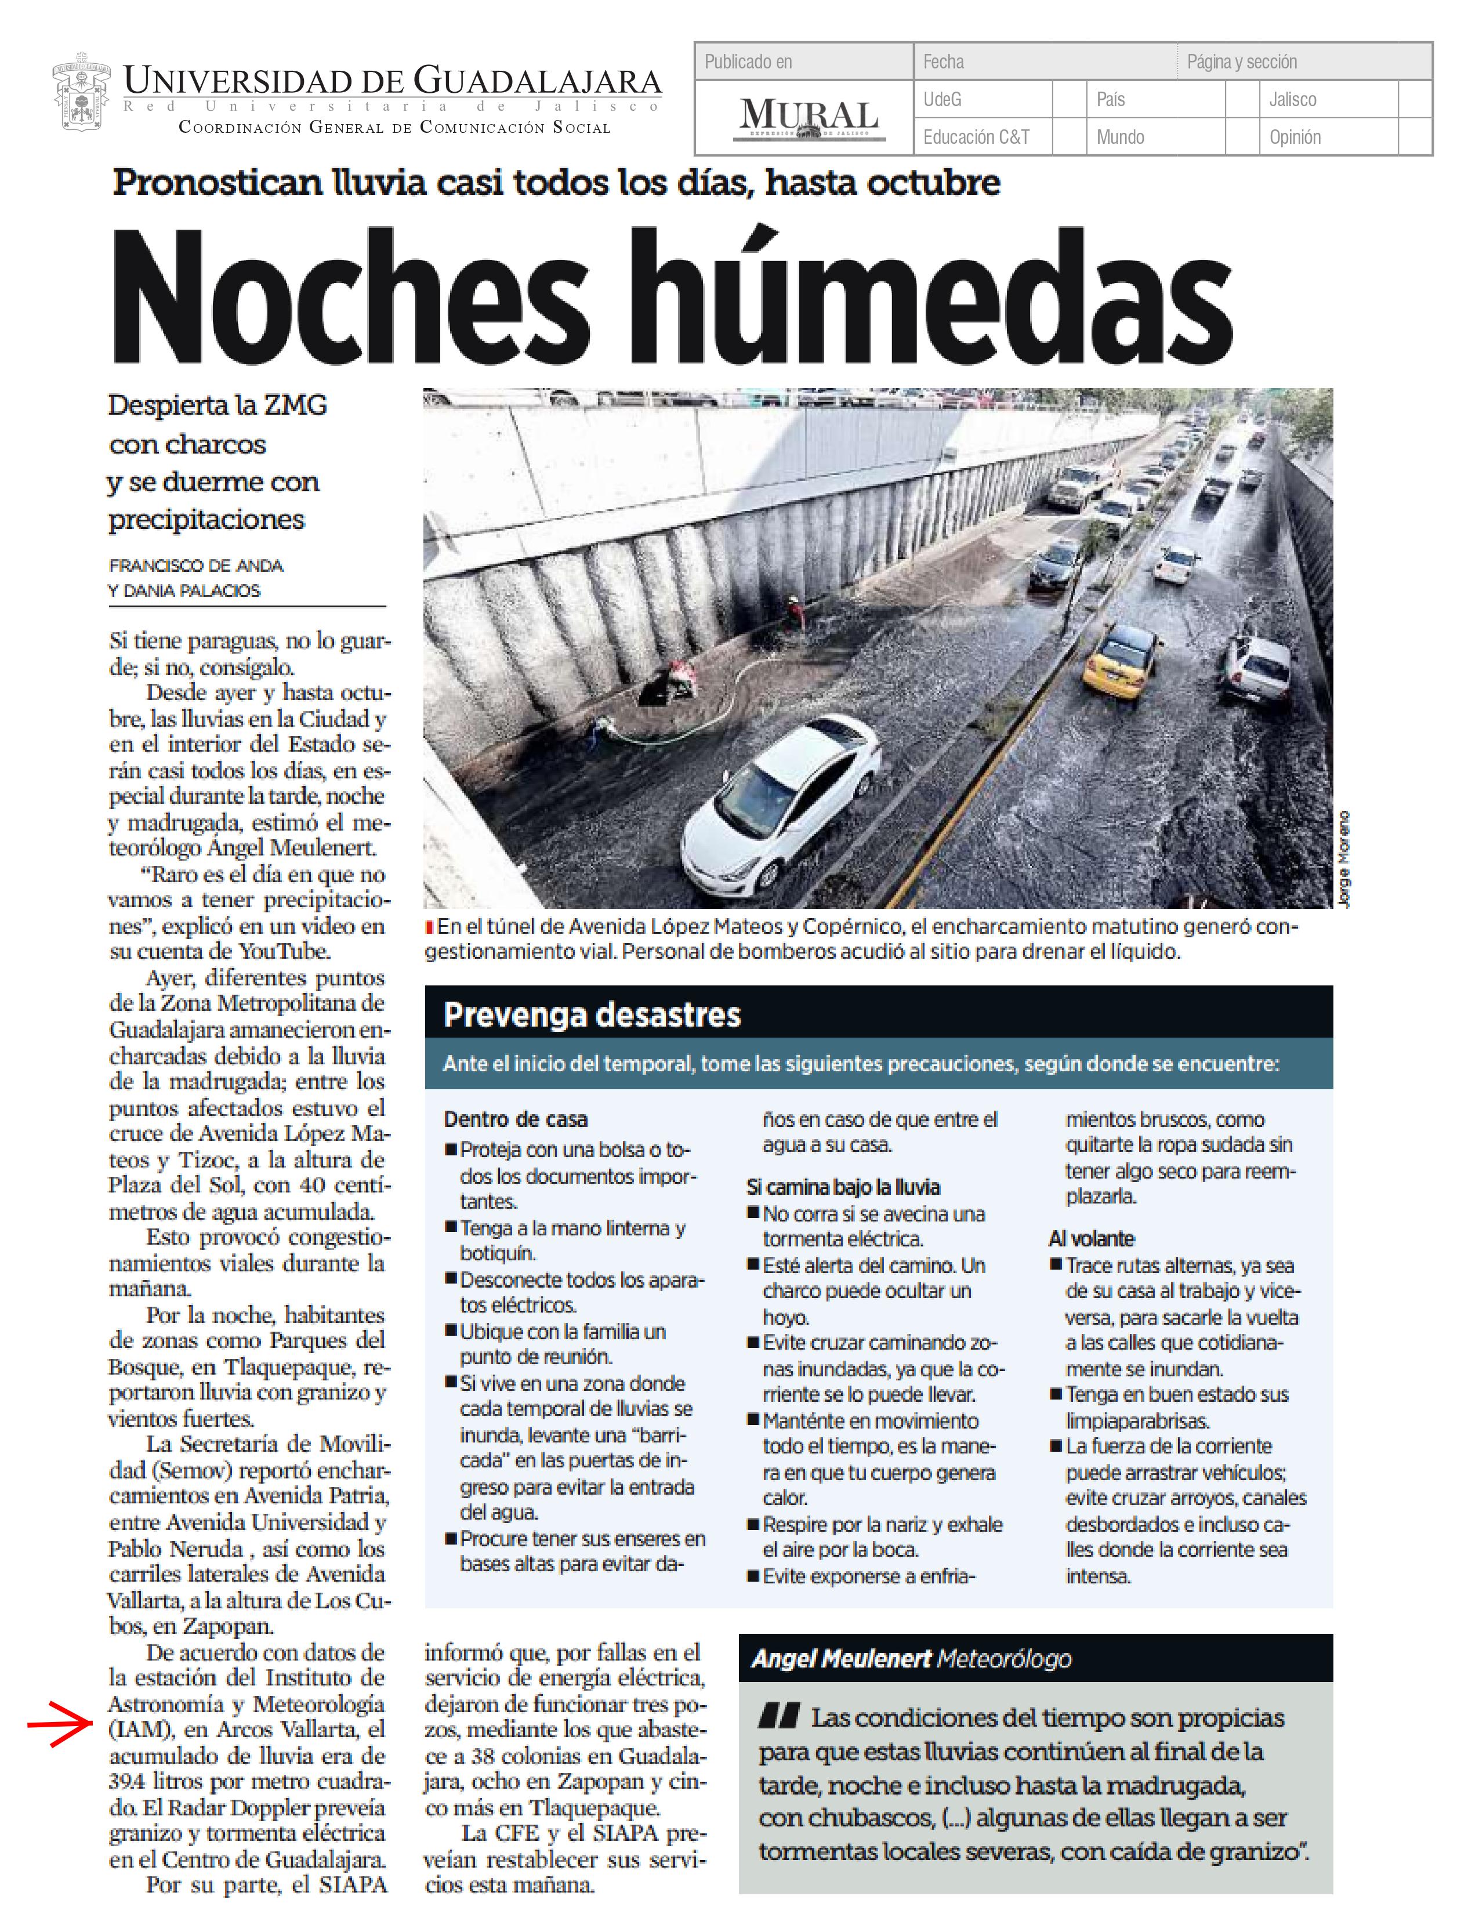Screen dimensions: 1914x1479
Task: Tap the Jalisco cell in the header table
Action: pyautogui.click(x=1292, y=100)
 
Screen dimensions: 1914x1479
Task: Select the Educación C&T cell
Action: pyautogui.click(x=976, y=137)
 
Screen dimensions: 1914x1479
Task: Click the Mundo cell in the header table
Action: pyautogui.click(x=1120, y=137)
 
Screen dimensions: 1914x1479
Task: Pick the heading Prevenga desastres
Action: pyautogui.click(x=592, y=1015)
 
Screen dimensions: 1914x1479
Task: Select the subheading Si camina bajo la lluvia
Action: pyautogui.click(x=843, y=1187)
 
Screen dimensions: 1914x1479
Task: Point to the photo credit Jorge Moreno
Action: pyautogui.click(x=1344, y=859)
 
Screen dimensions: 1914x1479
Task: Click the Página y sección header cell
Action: pyautogui.click(x=1242, y=62)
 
